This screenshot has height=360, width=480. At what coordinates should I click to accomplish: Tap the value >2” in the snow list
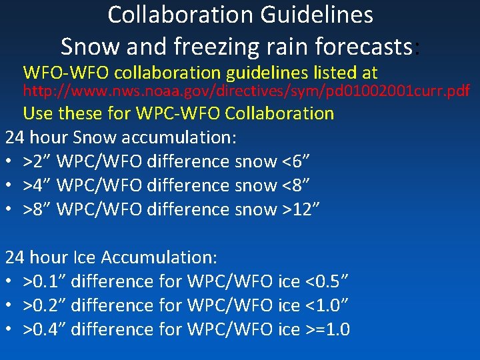coord(38,161)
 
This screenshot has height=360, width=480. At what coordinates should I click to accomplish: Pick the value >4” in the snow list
coord(38,185)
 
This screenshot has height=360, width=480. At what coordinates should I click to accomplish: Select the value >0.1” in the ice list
coord(45,281)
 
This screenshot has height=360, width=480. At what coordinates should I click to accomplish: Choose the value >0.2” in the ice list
coord(45,305)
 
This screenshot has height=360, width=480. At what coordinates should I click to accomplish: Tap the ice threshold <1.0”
coord(327,305)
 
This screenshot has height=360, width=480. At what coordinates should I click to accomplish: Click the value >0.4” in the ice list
coord(45,329)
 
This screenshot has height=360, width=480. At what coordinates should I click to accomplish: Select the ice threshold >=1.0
coord(327,329)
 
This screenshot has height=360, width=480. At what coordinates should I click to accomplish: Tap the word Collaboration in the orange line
coord(279,113)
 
